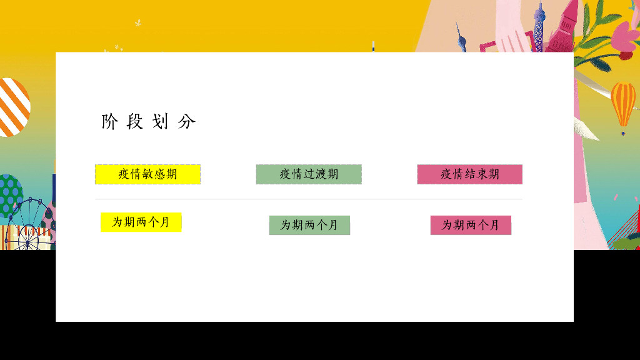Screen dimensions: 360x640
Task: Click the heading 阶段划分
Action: [x=149, y=121]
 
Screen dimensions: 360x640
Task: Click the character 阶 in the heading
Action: [x=109, y=121]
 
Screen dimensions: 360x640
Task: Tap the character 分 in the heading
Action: [x=187, y=121]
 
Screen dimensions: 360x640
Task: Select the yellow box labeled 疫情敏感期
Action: [x=147, y=174]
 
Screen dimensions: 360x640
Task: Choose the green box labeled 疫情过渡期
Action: [x=309, y=174]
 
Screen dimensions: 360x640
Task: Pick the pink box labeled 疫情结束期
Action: [x=470, y=174]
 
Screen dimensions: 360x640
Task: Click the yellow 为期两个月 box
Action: [x=141, y=222]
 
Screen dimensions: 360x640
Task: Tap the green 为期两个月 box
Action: [x=309, y=225]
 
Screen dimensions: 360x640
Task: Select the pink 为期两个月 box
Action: [x=471, y=225]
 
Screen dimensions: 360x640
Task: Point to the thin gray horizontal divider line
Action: [x=309, y=199]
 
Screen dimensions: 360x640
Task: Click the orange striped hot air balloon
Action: [x=623, y=104]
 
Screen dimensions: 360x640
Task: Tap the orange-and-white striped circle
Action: [x=12, y=107]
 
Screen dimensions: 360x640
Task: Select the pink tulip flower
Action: [x=624, y=34]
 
